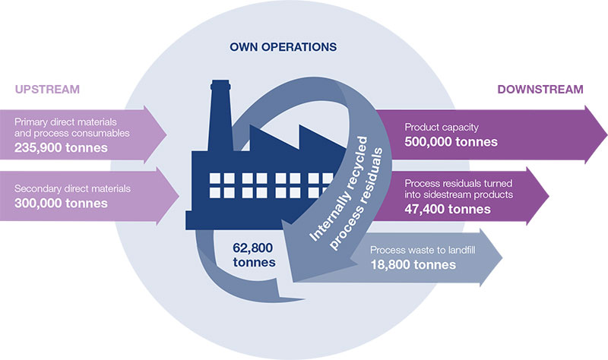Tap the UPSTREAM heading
pos(47,90)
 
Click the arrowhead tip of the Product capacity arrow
pos(603,134)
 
